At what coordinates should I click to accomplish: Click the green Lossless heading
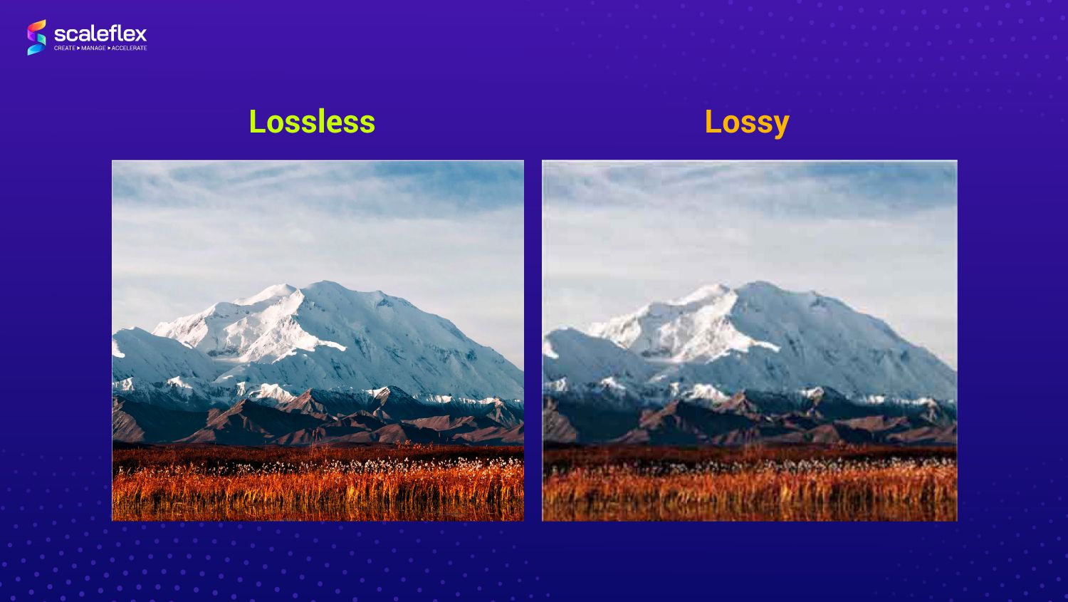pyautogui.click(x=312, y=122)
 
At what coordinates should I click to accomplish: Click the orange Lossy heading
pyautogui.click(x=747, y=123)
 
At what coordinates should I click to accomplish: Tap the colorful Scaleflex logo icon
pyautogui.click(x=37, y=37)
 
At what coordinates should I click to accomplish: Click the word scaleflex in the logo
pyautogui.click(x=100, y=34)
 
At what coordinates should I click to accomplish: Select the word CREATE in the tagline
pyautogui.click(x=64, y=48)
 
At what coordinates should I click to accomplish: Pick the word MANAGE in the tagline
pyautogui.click(x=93, y=48)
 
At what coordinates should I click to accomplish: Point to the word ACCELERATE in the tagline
pyautogui.click(x=129, y=48)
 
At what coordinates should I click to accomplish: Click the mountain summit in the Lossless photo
pyautogui.click(x=327, y=284)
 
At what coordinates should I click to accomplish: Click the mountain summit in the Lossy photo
pyautogui.click(x=758, y=284)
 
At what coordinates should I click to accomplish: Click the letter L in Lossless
pyautogui.click(x=257, y=122)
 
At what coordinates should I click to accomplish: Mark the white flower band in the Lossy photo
pyautogui.click(x=810, y=464)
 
